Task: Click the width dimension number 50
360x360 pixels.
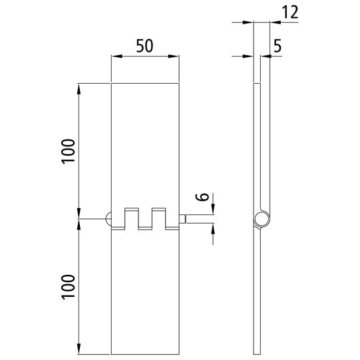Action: pyautogui.click(x=145, y=46)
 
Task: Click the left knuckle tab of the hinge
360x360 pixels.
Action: pyautogui.click(x=132, y=218)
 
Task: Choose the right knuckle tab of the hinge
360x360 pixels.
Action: pyautogui.click(x=158, y=218)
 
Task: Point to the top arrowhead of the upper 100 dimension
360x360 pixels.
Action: pyautogui.click(x=79, y=87)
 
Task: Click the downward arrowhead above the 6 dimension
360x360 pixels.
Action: pyautogui.click(x=214, y=211)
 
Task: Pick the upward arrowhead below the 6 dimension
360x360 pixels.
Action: pyautogui.click(x=214, y=228)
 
